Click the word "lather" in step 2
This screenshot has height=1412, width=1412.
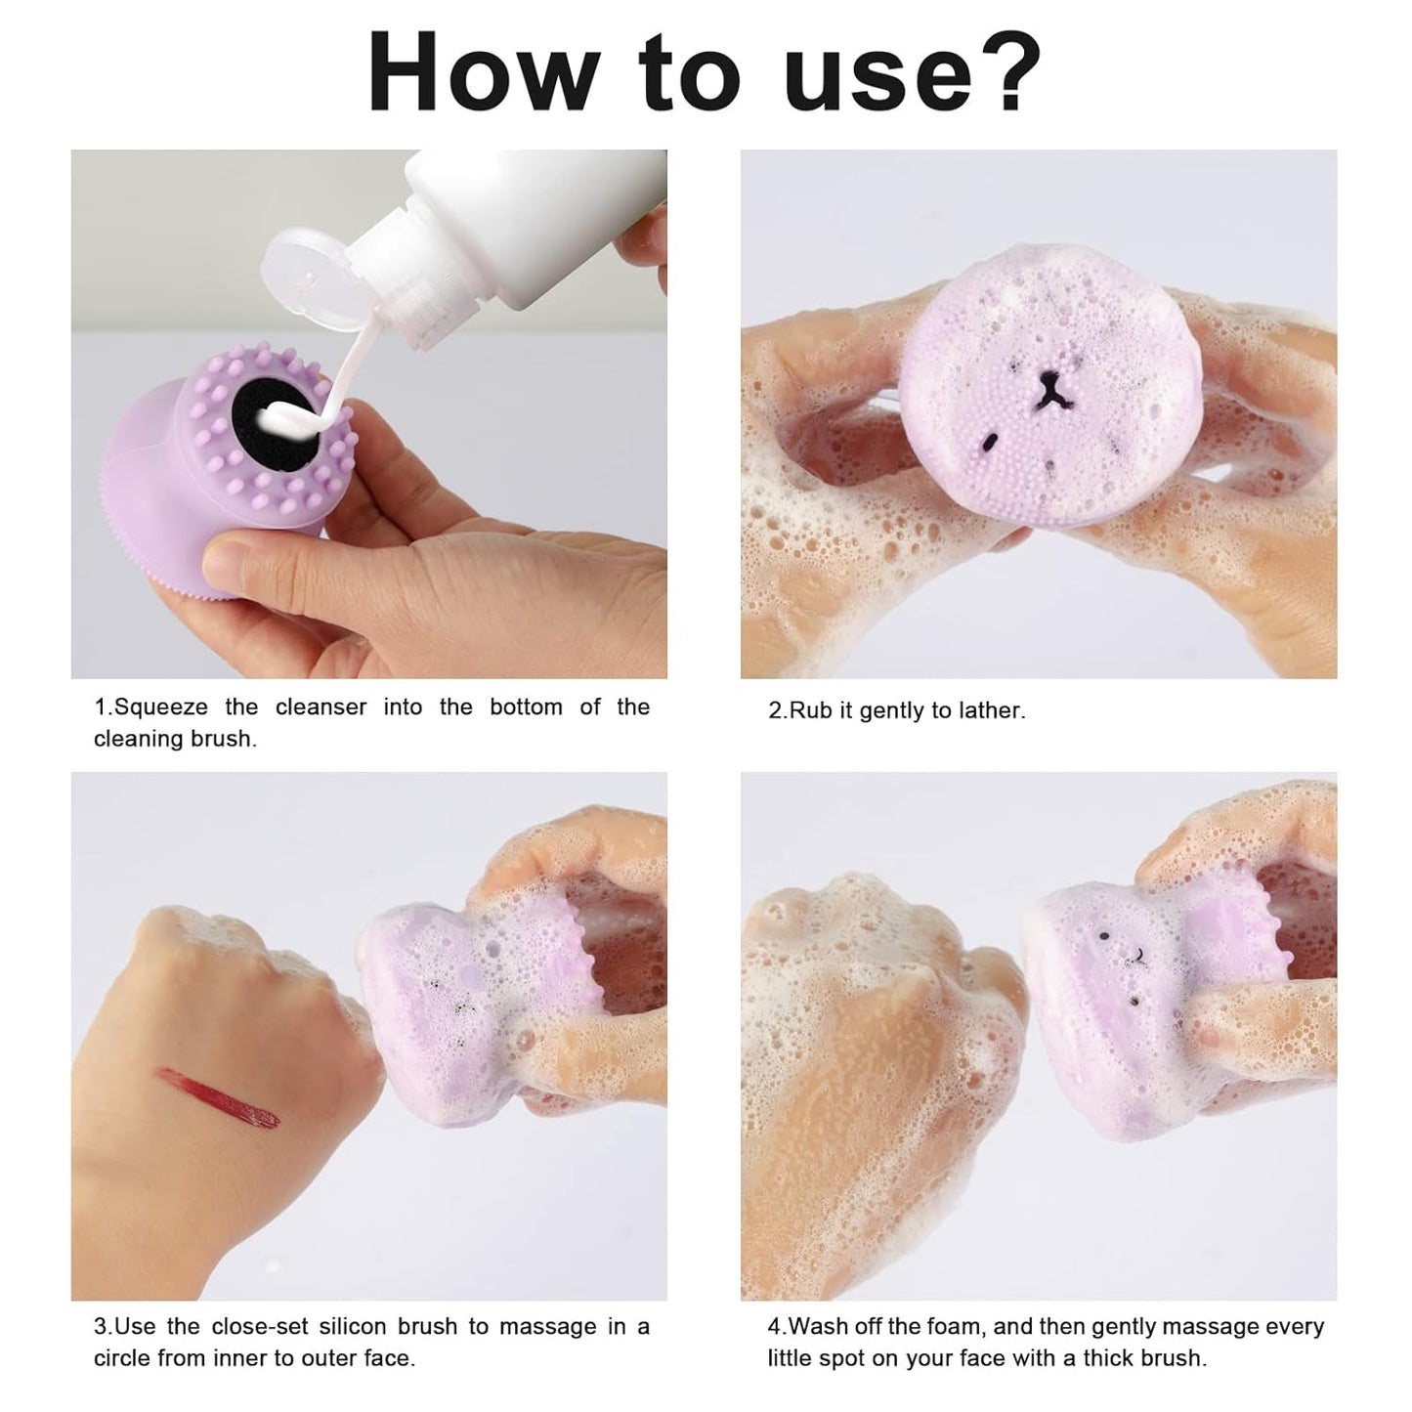coord(994,710)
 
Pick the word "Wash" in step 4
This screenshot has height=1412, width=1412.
coord(818,1326)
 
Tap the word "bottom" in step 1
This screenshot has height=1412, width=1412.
coord(525,706)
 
